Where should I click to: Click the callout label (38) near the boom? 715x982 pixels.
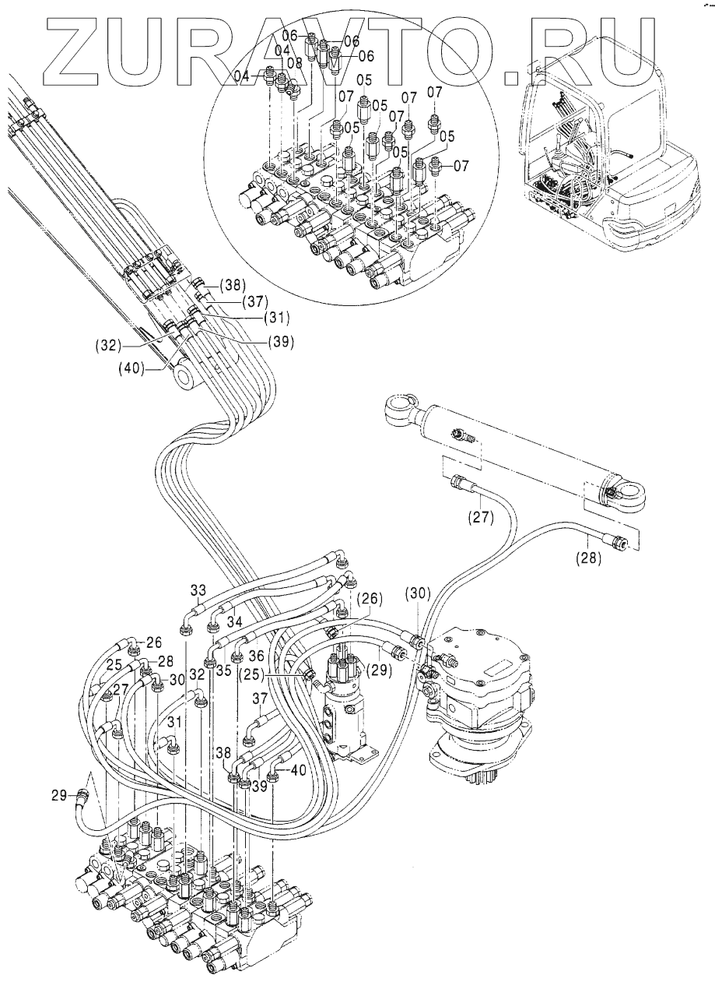click(x=233, y=285)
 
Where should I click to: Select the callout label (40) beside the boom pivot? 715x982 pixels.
click(x=131, y=368)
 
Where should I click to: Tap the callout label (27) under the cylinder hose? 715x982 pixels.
click(x=481, y=518)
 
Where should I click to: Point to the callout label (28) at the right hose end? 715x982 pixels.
click(x=588, y=558)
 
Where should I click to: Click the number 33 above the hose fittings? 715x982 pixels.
click(x=198, y=590)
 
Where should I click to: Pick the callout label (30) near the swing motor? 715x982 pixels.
click(x=419, y=593)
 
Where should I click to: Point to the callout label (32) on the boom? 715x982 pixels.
click(x=108, y=346)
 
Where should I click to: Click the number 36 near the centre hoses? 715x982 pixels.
click(x=257, y=656)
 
